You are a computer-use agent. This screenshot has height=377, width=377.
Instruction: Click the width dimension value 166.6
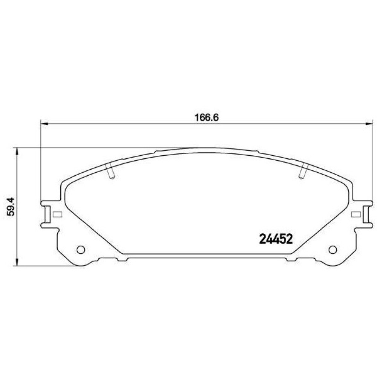(x=207, y=118)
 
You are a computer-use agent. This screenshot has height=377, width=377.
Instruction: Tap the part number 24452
(x=276, y=239)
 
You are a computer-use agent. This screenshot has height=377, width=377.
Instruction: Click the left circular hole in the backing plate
(x=81, y=250)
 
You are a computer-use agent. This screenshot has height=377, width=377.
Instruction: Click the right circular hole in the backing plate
(x=333, y=250)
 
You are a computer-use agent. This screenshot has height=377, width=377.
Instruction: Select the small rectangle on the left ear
(x=57, y=214)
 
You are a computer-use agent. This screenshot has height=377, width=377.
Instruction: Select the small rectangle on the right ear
(x=356, y=214)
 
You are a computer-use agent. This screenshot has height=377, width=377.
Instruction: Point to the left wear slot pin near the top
(x=110, y=171)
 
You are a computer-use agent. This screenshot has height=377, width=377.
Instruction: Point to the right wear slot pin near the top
(x=303, y=171)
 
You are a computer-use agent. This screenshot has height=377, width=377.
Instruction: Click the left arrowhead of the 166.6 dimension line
(x=44, y=124)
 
